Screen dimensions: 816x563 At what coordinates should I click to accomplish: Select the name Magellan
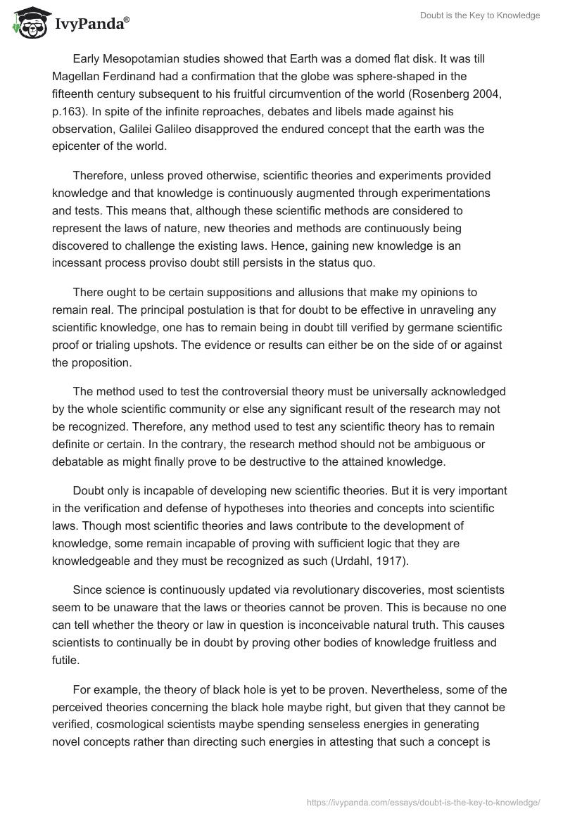coord(77,76)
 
